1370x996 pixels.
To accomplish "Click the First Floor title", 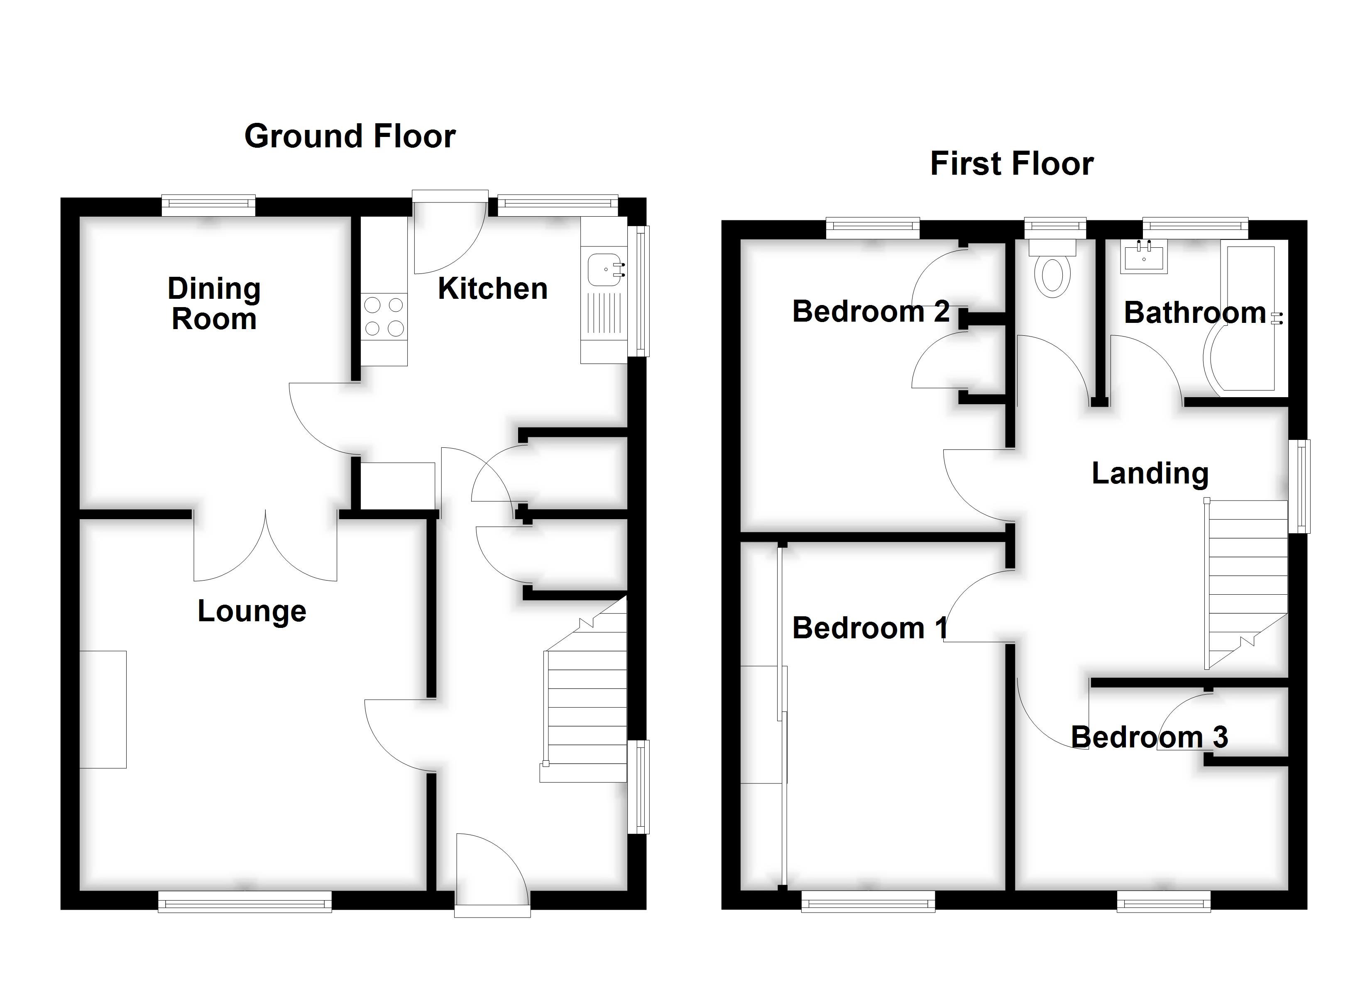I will pos(1012,164).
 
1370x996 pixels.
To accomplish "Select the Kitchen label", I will pos(492,289).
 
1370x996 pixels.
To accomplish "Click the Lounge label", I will pos(252,611).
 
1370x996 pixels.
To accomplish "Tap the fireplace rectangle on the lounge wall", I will pos(103,709).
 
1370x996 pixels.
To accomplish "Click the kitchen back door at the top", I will pos(450,232).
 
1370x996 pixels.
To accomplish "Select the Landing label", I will pos(1150,473).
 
